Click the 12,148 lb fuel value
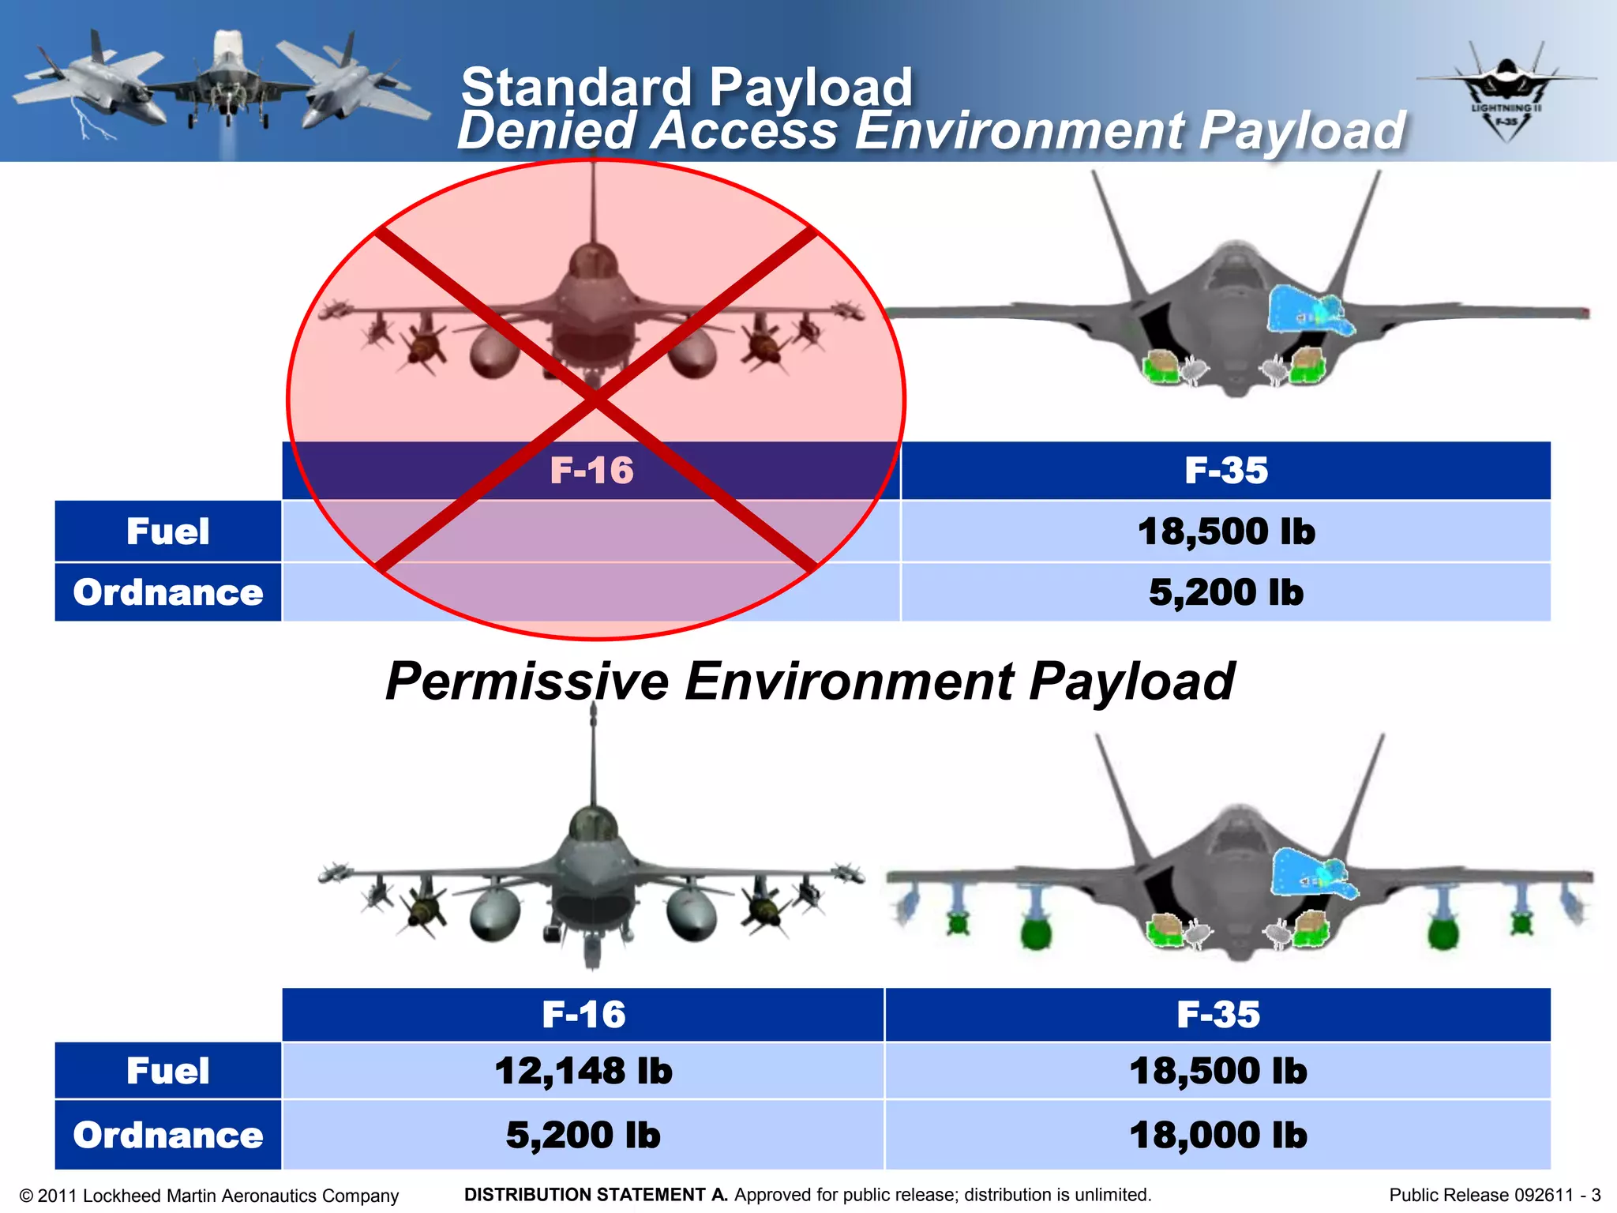(583, 1072)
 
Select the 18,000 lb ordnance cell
(1217, 1136)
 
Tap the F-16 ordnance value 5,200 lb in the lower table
(583, 1136)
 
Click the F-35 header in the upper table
(1225, 471)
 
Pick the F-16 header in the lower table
(583, 1015)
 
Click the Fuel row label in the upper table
(168, 531)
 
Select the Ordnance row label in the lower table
(168, 1136)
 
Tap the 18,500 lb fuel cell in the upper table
(1225, 531)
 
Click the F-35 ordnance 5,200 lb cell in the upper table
(1225, 592)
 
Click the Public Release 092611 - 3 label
(1495, 1195)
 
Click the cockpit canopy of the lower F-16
(594, 825)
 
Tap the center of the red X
(596, 400)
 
